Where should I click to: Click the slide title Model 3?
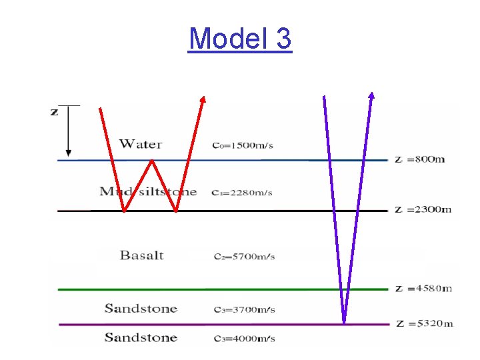tap(240, 39)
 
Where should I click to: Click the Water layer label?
tap(141, 144)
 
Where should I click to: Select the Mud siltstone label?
tap(148, 192)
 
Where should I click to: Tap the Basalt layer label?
tap(141, 255)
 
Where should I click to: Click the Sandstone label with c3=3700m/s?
tap(141, 309)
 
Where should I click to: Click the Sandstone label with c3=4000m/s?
tap(141, 337)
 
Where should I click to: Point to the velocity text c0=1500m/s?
tap(243, 145)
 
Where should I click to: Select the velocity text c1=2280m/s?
tap(243, 193)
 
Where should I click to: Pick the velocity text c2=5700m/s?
tap(244, 257)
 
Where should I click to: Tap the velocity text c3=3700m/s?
tap(244, 310)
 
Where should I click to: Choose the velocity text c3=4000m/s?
tap(244, 339)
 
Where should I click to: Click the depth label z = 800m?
tap(419, 159)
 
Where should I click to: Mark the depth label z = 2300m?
tap(423, 209)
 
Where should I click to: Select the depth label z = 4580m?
tap(423, 288)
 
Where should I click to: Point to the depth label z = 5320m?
tap(423, 323)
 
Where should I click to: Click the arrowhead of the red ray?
tap(203, 99)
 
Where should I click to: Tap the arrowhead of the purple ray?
tap(371, 95)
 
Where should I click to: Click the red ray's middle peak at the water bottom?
tap(152, 161)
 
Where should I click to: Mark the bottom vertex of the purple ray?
tap(344, 323)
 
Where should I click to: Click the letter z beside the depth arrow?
tap(55, 111)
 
